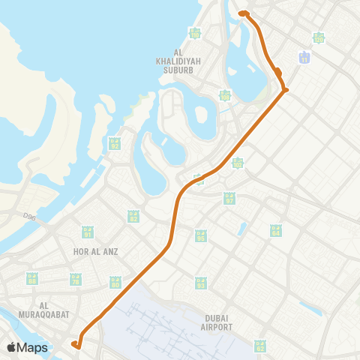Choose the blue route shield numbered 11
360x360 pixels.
(304, 57)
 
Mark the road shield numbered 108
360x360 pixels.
(225, 95)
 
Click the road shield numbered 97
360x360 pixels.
(229, 198)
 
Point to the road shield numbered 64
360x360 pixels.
(276, 229)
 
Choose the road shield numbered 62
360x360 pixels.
(259, 345)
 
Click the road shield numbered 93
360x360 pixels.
(201, 283)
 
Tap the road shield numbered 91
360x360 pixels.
(88, 232)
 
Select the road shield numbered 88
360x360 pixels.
(31, 279)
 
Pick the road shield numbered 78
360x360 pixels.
(75, 279)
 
